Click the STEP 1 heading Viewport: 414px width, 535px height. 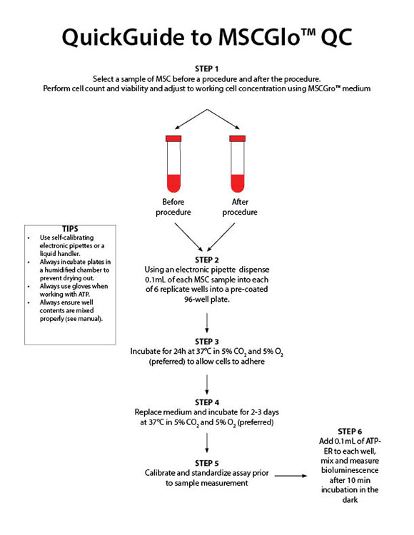[206, 68]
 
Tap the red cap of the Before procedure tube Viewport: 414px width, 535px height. [173, 137]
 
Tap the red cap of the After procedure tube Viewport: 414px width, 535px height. [238, 137]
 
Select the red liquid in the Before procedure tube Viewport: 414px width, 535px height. [173, 182]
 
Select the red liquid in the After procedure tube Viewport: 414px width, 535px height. [238, 182]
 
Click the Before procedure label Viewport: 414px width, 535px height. [173, 207]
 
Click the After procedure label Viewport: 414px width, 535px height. [240, 207]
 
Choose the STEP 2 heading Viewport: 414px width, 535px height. [206, 259]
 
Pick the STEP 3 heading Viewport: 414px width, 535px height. [206, 341]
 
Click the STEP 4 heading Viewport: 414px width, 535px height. [206, 402]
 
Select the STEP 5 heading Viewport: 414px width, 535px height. [206, 462]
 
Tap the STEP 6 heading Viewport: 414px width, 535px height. [350, 432]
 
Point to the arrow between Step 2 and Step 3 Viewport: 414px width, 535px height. [206, 323]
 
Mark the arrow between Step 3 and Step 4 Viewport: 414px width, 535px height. [206, 384]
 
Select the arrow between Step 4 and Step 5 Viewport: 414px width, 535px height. [206, 444]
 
